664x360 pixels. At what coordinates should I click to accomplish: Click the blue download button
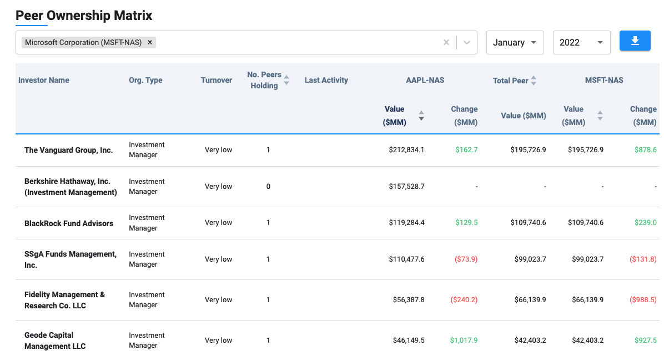(x=635, y=41)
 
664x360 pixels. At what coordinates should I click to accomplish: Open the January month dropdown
(x=515, y=43)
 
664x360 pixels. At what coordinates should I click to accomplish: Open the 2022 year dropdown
(x=581, y=43)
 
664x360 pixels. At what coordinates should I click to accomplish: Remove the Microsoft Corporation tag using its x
(x=150, y=42)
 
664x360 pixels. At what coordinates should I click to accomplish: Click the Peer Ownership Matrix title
(x=84, y=16)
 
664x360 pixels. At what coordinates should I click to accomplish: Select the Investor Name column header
(x=44, y=80)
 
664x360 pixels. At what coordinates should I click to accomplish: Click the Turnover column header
(x=217, y=80)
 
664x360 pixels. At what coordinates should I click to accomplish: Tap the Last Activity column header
(x=326, y=80)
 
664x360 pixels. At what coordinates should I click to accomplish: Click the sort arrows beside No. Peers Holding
(x=286, y=80)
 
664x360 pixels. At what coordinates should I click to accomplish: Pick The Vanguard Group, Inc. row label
(x=68, y=150)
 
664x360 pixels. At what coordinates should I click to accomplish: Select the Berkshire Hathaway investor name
(x=71, y=187)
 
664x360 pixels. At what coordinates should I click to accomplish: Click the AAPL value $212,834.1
(x=406, y=150)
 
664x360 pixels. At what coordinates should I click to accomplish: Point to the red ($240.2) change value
(x=464, y=299)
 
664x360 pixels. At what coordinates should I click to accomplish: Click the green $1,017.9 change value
(x=464, y=340)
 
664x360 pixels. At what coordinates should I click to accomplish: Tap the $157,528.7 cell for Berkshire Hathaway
(x=406, y=187)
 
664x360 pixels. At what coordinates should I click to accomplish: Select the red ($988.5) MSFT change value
(x=643, y=299)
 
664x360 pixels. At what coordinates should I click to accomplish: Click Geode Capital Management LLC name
(x=55, y=341)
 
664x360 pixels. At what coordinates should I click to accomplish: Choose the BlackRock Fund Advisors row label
(x=69, y=223)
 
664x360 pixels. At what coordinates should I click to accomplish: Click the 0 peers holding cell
(x=268, y=187)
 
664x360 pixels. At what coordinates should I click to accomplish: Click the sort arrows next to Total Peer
(x=534, y=81)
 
